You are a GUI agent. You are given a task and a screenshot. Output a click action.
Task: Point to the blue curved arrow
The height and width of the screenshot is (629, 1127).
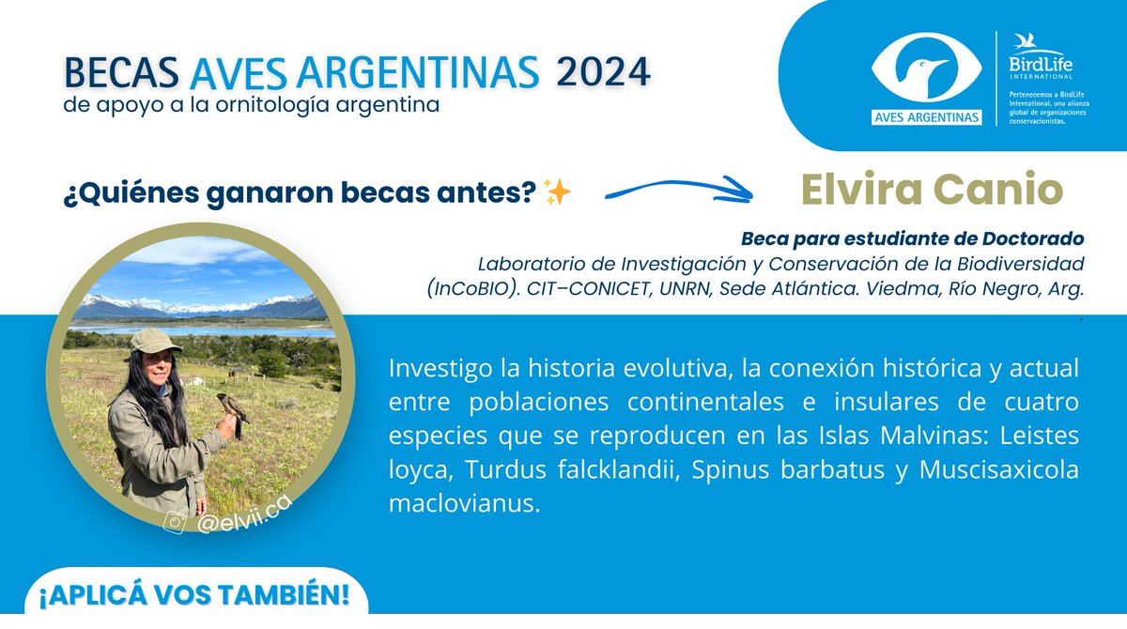[x=678, y=193]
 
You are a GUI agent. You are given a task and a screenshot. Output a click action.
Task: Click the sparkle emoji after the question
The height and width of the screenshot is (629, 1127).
[x=558, y=193]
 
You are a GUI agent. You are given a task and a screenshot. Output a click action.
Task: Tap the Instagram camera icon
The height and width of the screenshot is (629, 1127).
[x=176, y=523]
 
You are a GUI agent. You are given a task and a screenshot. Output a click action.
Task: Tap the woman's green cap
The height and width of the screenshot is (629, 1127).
[x=149, y=341]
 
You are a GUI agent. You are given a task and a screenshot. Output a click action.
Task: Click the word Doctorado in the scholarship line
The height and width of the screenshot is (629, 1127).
[x=1029, y=238]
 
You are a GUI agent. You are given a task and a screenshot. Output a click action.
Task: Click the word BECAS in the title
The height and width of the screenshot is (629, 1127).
[x=121, y=72]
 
